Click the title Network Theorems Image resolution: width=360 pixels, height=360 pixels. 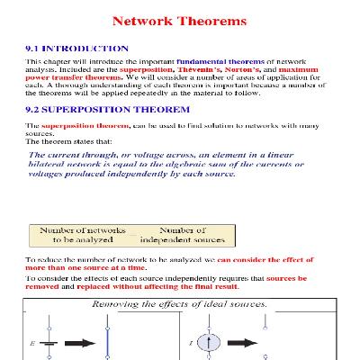point(180,19)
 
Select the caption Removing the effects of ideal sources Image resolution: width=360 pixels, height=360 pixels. point(181,305)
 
